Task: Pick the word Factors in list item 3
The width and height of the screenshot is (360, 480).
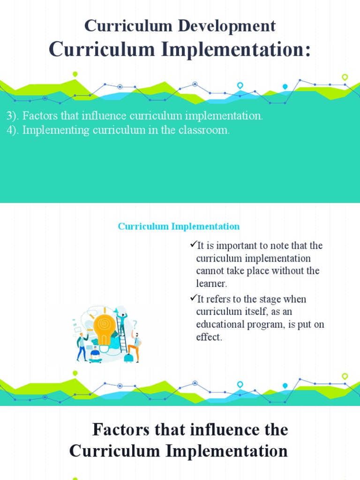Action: point(37,116)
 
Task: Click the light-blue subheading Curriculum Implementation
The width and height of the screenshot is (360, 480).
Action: point(179,226)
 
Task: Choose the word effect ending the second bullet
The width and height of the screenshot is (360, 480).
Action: point(208,337)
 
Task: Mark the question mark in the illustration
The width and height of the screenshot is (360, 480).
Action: point(135,324)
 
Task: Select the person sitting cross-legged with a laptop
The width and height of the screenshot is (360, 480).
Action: point(96,355)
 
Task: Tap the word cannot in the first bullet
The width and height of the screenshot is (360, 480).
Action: point(210,271)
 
